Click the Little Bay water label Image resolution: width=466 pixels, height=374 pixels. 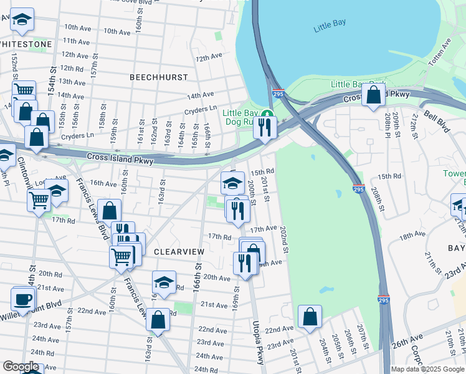pos(330,27)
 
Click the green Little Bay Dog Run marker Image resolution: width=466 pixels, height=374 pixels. pos(267,113)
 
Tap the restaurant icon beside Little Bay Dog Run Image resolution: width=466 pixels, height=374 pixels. pos(265,127)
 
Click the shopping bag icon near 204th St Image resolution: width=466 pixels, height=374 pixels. pos(310,316)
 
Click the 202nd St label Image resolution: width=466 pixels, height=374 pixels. pos(284,239)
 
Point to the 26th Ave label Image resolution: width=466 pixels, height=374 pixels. pos(403,343)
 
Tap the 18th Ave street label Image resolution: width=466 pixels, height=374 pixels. pos(412,236)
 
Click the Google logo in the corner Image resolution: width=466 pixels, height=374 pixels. pos(21,367)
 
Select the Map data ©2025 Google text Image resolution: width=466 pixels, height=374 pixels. pos(427,369)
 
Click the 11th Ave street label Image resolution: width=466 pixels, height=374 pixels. pos(77,41)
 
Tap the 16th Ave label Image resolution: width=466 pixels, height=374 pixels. pos(103,183)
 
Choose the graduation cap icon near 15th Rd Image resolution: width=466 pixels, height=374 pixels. pos(232,182)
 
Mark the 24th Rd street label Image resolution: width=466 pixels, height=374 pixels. pos(206,370)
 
